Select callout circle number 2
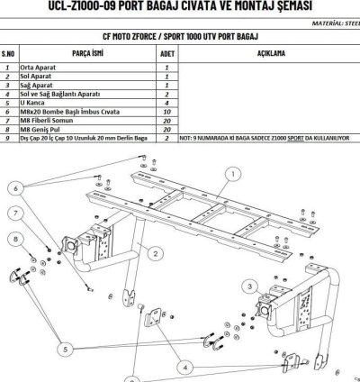click(x=156, y=254)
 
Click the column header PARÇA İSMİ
click(x=89, y=53)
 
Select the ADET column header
click(x=166, y=53)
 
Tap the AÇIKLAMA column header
click(x=270, y=53)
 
